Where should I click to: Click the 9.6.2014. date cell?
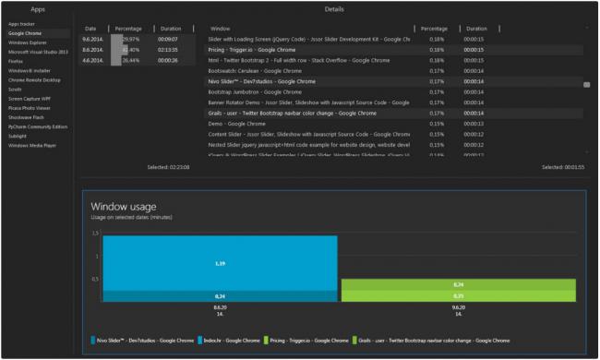tap(91, 40)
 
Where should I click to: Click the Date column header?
tap(91, 29)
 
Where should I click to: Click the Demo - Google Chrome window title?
tap(224, 123)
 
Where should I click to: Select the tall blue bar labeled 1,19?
tap(220, 263)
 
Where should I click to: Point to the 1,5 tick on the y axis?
tap(94, 234)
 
